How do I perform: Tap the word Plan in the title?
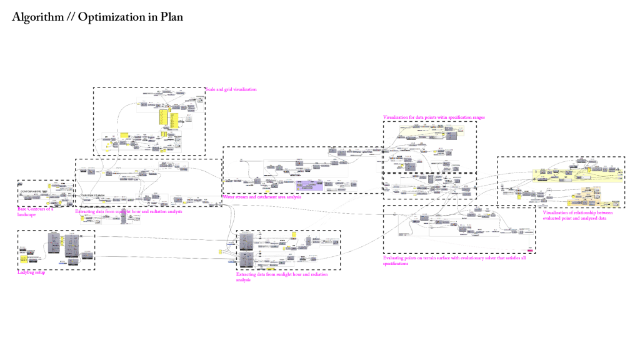(171, 17)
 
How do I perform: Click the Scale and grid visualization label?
(231, 89)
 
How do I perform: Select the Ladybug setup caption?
(31, 272)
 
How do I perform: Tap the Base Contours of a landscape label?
(36, 211)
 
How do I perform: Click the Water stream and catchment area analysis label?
(262, 197)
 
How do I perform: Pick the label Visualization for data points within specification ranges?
(434, 117)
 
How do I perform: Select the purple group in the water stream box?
(309, 185)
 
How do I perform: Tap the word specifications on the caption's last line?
(396, 264)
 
